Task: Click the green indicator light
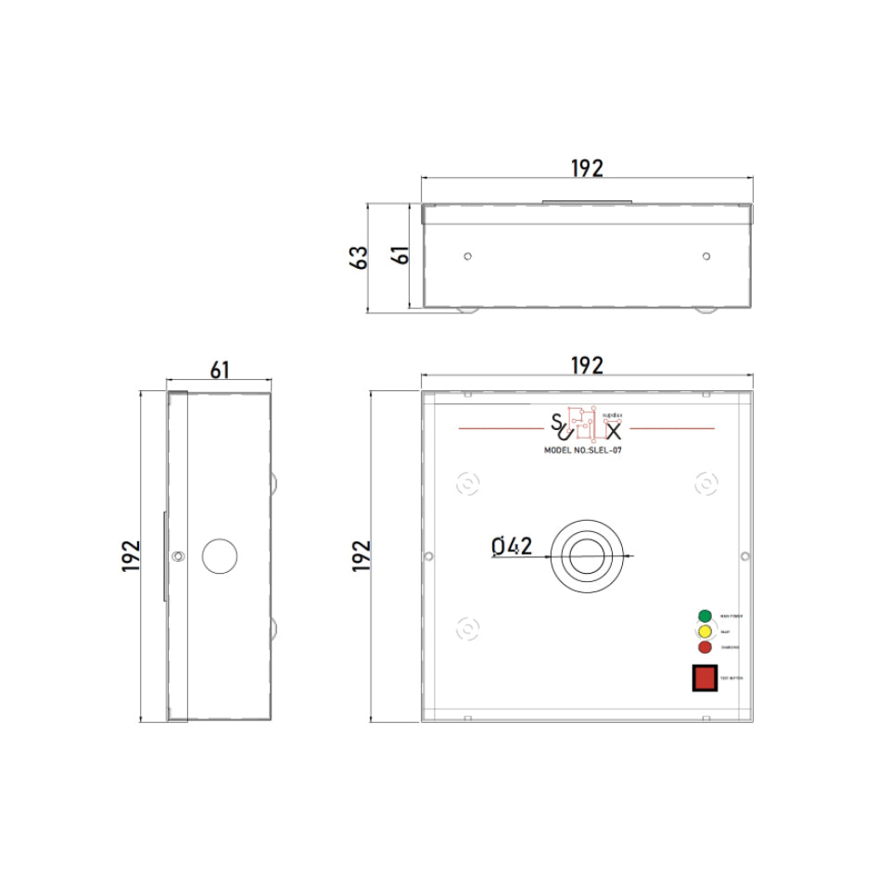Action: click(x=705, y=616)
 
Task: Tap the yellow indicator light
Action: click(x=705, y=631)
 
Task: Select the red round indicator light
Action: click(x=705, y=647)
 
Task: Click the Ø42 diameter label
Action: click(x=512, y=547)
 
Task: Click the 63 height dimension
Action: click(x=360, y=257)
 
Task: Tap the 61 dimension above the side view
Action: click(x=219, y=370)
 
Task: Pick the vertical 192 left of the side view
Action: click(x=131, y=556)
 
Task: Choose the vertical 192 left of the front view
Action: click(x=362, y=556)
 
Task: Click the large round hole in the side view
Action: click(x=220, y=556)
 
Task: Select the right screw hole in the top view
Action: click(x=705, y=256)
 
